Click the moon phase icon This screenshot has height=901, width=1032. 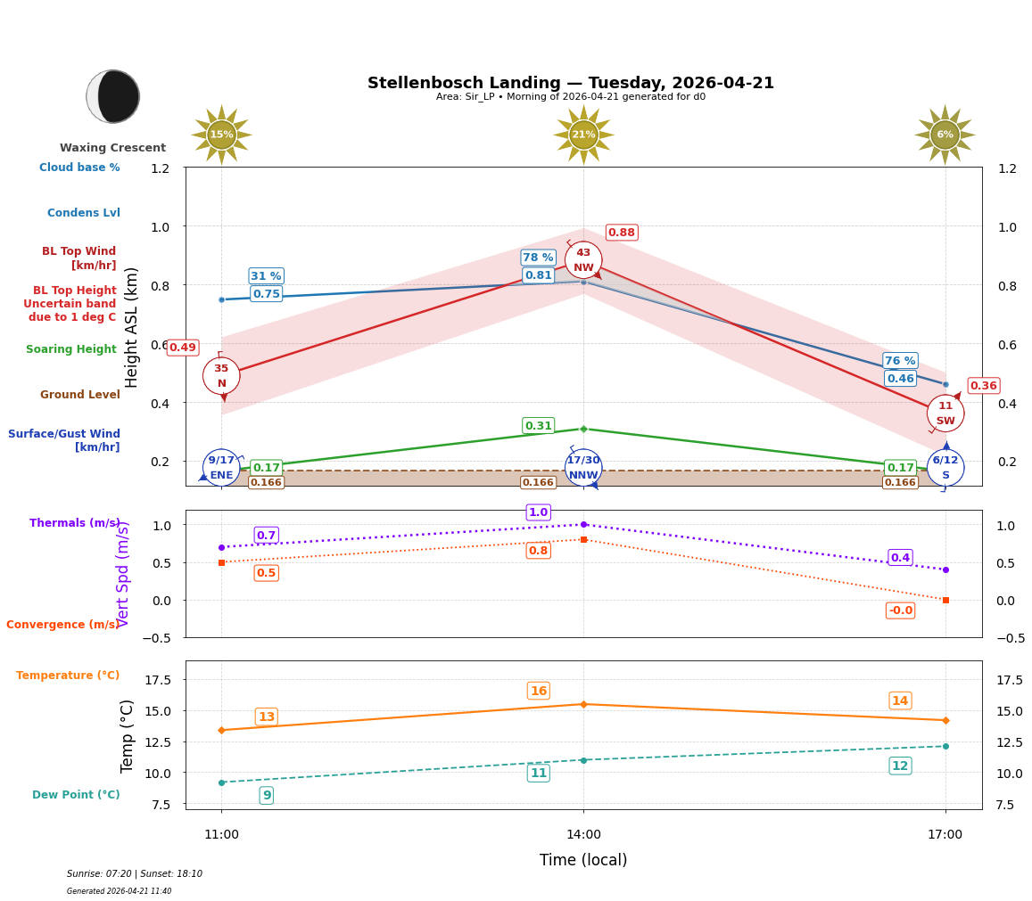pyautogui.click(x=113, y=96)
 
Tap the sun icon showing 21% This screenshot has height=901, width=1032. pyautogui.click(x=583, y=135)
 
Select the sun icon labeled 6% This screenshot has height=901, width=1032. pyautogui.click(x=945, y=135)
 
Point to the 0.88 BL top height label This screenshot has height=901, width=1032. pyautogui.click(x=621, y=233)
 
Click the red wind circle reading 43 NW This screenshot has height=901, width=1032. pyautogui.click(x=583, y=260)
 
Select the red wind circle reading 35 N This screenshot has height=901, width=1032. pyautogui.click(x=221, y=375)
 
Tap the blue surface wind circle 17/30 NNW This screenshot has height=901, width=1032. pyautogui.click(x=583, y=468)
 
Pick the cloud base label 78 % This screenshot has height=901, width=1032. pyautogui.click(x=538, y=258)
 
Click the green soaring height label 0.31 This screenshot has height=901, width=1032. pyautogui.click(x=538, y=426)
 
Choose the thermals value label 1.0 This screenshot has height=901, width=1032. pyautogui.click(x=538, y=512)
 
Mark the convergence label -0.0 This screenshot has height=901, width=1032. pyautogui.click(x=900, y=610)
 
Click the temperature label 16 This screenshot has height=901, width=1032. pyautogui.click(x=538, y=691)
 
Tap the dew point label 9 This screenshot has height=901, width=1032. pyautogui.click(x=266, y=795)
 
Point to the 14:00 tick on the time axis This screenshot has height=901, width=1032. pyautogui.click(x=583, y=834)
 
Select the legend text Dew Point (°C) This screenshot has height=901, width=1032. pyautogui.click(x=76, y=795)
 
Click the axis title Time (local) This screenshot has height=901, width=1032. pyautogui.click(x=583, y=860)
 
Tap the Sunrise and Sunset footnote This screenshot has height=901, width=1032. pyautogui.click(x=134, y=874)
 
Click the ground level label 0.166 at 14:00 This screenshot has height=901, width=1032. pyautogui.click(x=538, y=482)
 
